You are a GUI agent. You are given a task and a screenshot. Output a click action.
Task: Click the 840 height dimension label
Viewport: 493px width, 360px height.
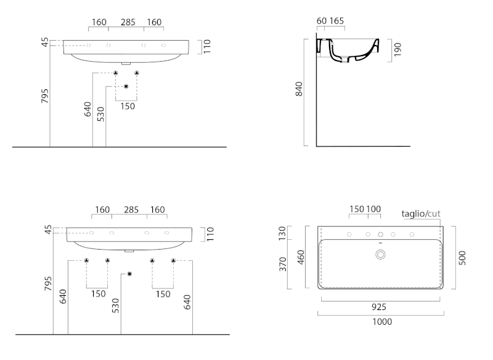click(299, 90)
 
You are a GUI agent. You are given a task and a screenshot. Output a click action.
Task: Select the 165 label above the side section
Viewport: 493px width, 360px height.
click(336, 21)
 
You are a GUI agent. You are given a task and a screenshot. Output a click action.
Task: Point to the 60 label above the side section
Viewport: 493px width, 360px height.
click(321, 21)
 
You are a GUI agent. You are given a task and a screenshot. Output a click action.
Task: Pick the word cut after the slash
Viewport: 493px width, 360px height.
click(434, 213)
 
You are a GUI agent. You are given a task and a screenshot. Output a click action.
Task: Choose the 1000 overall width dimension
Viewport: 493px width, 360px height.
click(380, 321)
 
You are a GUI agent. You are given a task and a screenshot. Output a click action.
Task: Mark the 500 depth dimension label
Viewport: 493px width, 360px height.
click(462, 257)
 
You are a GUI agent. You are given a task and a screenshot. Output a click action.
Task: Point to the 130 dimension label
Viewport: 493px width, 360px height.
click(284, 233)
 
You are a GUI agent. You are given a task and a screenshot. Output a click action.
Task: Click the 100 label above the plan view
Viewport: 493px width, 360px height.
click(373, 209)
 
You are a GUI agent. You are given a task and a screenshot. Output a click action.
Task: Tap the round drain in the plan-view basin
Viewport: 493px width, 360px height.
click(380, 254)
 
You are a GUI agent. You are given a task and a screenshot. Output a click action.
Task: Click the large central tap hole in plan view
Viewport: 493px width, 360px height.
click(380, 235)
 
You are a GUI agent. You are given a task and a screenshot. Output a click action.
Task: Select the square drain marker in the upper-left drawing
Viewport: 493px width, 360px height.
click(126, 86)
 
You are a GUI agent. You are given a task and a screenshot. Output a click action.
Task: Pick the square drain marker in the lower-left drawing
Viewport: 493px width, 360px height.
click(129, 274)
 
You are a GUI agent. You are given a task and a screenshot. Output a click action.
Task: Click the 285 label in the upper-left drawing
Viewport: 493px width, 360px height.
click(128, 22)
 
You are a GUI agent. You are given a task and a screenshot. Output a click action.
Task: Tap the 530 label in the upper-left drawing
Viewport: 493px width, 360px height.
click(100, 113)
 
